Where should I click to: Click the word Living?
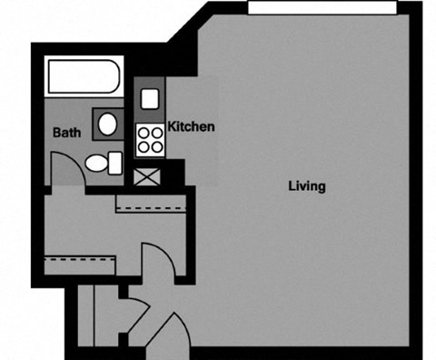coord(306,186)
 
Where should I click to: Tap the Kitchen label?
coord(192,126)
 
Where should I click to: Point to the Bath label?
coord(66,133)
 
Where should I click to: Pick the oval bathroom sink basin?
coord(107,123)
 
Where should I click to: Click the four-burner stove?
coord(151,139)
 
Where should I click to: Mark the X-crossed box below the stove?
coord(146,176)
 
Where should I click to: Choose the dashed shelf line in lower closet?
coord(79,259)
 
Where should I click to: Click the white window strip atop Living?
coord(322,8)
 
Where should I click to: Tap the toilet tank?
coord(115,164)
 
